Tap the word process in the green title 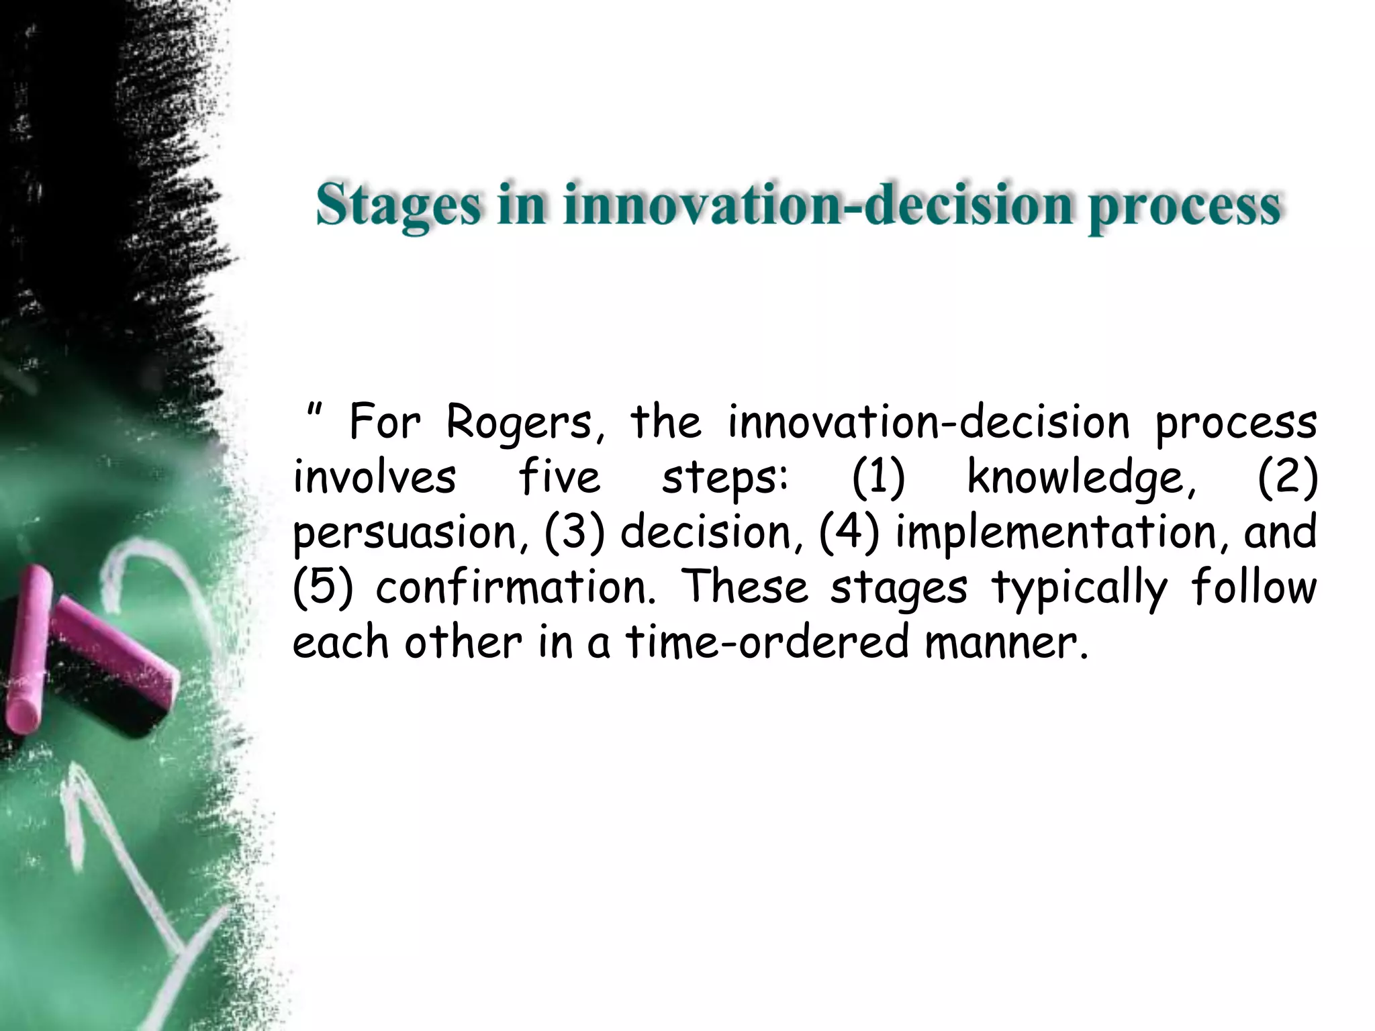pyautogui.click(x=1184, y=207)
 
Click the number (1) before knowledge pyautogui.click(x=878, y=478)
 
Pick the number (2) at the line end pyautogui.click(x=1287, y=478)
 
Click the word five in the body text pyautogui.click(x=559, y=478)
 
